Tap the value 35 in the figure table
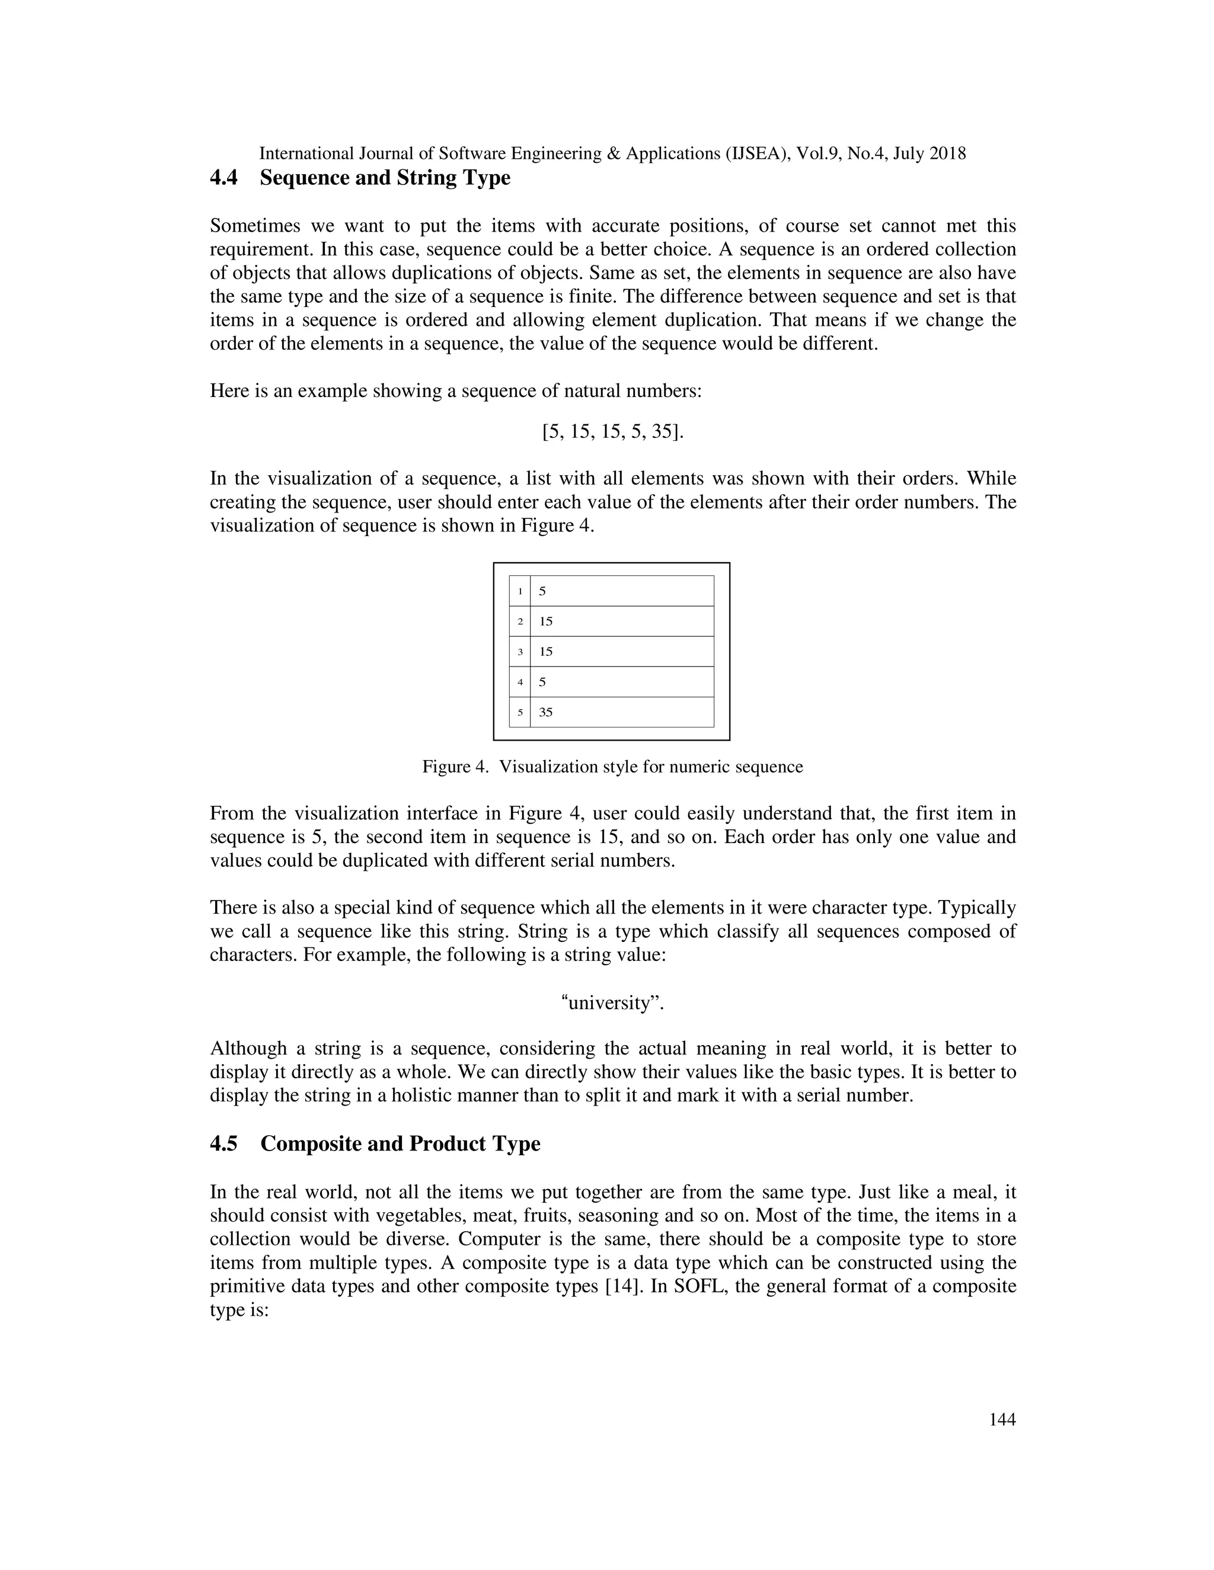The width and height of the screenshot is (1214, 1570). tap(546, 712)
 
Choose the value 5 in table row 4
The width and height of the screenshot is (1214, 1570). tap(542, 682)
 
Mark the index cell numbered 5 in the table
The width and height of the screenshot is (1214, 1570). tap(520, 712)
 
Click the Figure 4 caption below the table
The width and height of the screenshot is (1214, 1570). tap(612, 767)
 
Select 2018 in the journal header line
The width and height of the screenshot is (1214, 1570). tap(947, 153)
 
